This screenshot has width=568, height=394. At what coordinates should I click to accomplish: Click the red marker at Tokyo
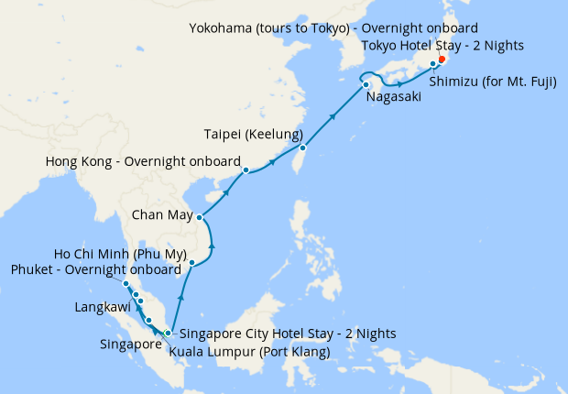(x=442, y=60)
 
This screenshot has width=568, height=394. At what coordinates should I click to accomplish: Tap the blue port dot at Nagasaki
(x=366, y=84)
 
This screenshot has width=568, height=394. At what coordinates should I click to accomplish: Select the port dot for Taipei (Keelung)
(x=302, y=148)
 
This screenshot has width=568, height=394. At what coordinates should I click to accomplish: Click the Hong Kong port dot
(x=246, y=170)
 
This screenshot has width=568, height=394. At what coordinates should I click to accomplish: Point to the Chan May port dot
(x=200, y=217)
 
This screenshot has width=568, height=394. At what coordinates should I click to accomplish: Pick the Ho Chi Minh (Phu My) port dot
(x=191, y=263)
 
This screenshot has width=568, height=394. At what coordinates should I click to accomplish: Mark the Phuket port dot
(x=126, y=284)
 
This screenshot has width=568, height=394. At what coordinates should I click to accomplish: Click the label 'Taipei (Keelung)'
(x=253, y=135)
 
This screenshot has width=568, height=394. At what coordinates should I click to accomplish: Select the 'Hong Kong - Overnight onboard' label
(x=143, y=163)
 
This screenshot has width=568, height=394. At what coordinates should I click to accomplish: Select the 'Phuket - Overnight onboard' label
(x=95, y=269)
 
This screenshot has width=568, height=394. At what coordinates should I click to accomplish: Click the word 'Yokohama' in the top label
(x=224, y=27)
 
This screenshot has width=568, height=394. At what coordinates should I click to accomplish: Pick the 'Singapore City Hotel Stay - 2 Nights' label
(x=288, y=334)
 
